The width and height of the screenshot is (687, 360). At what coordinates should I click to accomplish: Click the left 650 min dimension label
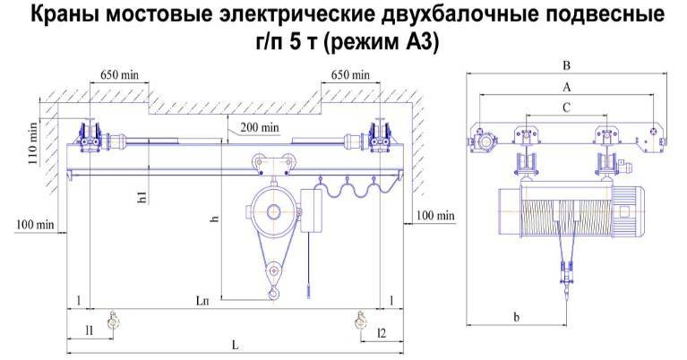point(119,75)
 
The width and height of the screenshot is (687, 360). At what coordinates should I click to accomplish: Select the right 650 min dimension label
point(350,75)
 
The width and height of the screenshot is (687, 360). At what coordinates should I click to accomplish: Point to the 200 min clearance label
point(260,127)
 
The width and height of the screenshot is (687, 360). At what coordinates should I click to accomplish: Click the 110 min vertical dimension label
point(33,143)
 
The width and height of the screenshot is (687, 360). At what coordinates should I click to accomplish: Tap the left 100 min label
point(35,225)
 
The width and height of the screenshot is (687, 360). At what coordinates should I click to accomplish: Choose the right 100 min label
point(435,216)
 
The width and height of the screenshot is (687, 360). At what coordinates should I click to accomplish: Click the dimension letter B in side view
point(566,65)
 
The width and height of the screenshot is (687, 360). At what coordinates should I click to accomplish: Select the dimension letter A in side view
point(566,88)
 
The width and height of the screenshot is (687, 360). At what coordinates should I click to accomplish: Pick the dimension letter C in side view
point(566,107)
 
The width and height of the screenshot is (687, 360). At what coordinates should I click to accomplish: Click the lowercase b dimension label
point(517,317)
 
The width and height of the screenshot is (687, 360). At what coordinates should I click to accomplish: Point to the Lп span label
point(202,301)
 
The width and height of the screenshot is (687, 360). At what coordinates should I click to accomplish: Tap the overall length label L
point(236,345)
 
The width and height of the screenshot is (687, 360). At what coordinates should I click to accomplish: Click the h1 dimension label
point(142,197)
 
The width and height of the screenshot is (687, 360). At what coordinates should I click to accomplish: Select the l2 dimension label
point(382,333)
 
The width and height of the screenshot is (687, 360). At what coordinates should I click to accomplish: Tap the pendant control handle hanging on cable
point(309,290)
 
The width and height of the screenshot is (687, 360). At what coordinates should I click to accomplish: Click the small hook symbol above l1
point(113,322)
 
